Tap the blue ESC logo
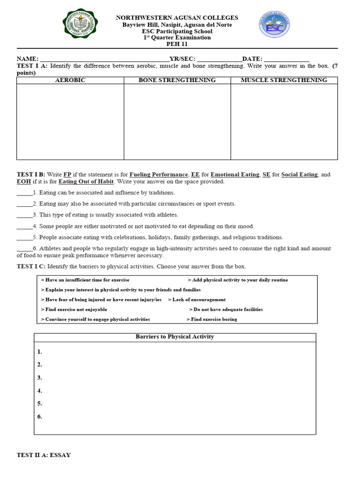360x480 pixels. (x=275, y=26)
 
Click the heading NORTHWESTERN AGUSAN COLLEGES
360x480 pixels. (x=177, y=18)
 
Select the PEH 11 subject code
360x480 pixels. (x=177, y=44)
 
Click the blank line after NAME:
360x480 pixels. (x=104, y=59)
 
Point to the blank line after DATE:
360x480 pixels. (x=287, y=59)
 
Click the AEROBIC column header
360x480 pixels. (x=70, y=80)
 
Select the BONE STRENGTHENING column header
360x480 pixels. (x=177, y=80)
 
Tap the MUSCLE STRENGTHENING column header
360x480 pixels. (x=284, y=80)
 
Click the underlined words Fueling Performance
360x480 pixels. (x=159, y=174)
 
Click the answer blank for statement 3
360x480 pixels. (x=24, y=215)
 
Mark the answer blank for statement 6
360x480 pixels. (x=24, y=248)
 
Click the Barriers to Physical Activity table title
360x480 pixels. (x=175, y=337)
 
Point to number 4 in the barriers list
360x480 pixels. (x=40, y=390)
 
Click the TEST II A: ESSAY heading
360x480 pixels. (x=44, y=455)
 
